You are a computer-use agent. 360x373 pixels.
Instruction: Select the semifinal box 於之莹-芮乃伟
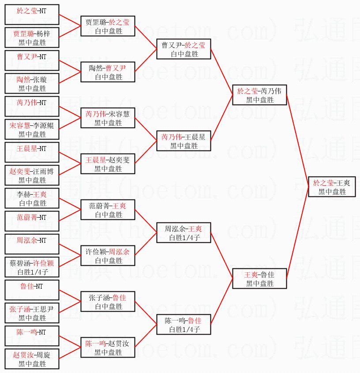pyautogui.click(x=259, y=95)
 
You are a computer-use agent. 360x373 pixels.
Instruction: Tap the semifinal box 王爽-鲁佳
pyautogui.click(x=259, y=279)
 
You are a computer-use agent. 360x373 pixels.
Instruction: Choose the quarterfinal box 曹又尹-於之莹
pyautogui.click(x=184, y=49)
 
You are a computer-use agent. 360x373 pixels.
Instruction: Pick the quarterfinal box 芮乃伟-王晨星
pyautogui.click(x=184, y=141)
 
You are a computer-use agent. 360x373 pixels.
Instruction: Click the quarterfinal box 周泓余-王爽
pyautogui.click(x=184, y=233)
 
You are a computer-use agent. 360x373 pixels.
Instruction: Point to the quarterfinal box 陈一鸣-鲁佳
pyautogui.click(x=184, y=324)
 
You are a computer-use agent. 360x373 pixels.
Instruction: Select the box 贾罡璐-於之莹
pyautogui.click(x=108, y=26)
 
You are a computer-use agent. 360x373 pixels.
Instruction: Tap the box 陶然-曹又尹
pyautogui.click(x=108, y=72)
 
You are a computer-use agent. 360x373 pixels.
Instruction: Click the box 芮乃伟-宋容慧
pyautogui.click(x=108, y=118)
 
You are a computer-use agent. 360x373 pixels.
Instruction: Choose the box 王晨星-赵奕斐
pyautogui.click(x=108, y=164)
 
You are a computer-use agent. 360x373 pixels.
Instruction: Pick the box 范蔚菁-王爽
pyautogui.click(x=108, y=210)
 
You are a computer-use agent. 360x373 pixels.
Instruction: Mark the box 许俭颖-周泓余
pyautogui.click(x=108, y=256)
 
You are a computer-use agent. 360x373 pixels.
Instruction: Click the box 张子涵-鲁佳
pyautogui.click(x=108, y=301)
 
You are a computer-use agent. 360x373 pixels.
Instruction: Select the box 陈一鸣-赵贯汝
pyautogui.click(x=108, y=347)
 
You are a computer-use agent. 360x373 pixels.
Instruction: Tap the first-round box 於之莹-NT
pyautogui.click(x=32, y=15)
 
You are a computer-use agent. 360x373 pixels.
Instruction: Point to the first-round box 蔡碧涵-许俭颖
pyautogui.click(x=32, y=267)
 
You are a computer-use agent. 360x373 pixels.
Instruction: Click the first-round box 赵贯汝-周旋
pyautogui.click(x=32, y=359)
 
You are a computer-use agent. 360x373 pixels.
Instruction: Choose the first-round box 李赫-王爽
pyautogui.click(x=32, y=198)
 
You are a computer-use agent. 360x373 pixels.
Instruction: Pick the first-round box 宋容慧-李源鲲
pyautogui.click(x=32, y=129)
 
